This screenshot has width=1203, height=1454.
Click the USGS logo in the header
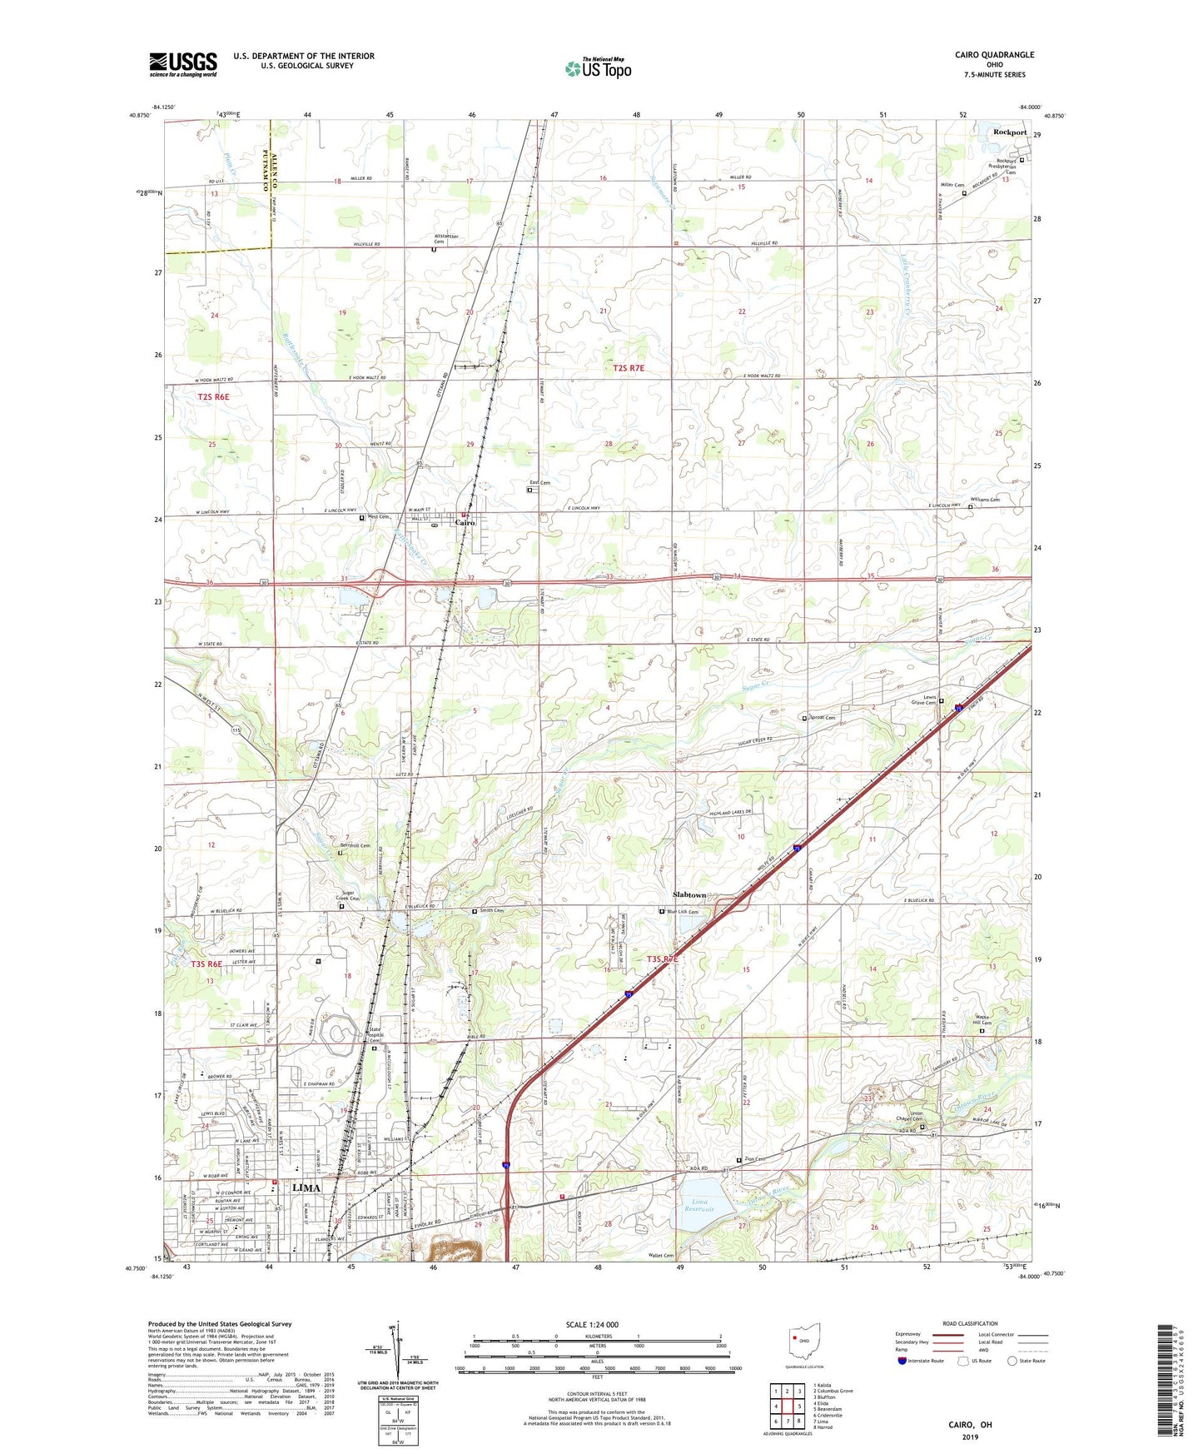point(183,64)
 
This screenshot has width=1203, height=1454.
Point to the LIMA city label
point(306,1188)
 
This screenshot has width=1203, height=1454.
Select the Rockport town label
point(1010,132)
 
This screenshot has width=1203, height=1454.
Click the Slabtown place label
point(688,894)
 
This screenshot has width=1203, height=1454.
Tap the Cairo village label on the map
point(465,523)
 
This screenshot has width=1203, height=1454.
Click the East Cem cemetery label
point(539,483)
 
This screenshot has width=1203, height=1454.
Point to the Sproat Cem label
point(823,717)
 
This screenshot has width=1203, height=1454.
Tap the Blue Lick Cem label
point(682,912)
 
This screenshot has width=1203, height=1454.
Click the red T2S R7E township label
point(629,367)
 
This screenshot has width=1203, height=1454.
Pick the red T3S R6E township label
point(206,964)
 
